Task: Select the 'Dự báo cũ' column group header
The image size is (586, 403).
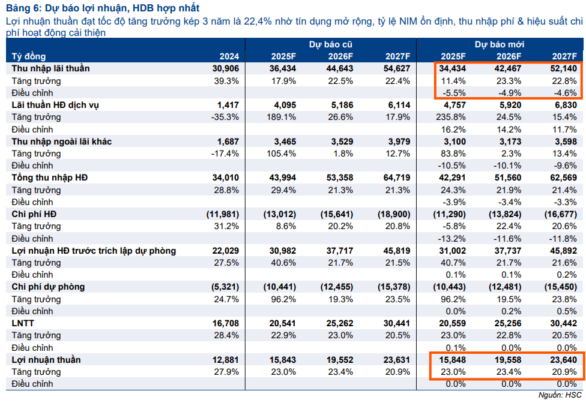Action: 330,44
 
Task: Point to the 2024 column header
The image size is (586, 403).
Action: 229,56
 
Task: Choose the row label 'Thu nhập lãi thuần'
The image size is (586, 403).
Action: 50,68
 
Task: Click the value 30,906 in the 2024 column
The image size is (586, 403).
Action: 226,68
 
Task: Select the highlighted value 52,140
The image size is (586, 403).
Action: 563,68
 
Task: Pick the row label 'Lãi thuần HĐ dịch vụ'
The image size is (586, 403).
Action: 56,105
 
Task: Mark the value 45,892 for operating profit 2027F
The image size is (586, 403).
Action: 563,251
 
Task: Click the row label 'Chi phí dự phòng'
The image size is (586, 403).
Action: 48,287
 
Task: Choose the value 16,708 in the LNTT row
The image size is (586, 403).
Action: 226,323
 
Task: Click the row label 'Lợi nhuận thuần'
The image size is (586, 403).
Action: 46,359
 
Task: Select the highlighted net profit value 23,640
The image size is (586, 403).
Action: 563,359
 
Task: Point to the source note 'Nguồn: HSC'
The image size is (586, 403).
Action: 561,395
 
